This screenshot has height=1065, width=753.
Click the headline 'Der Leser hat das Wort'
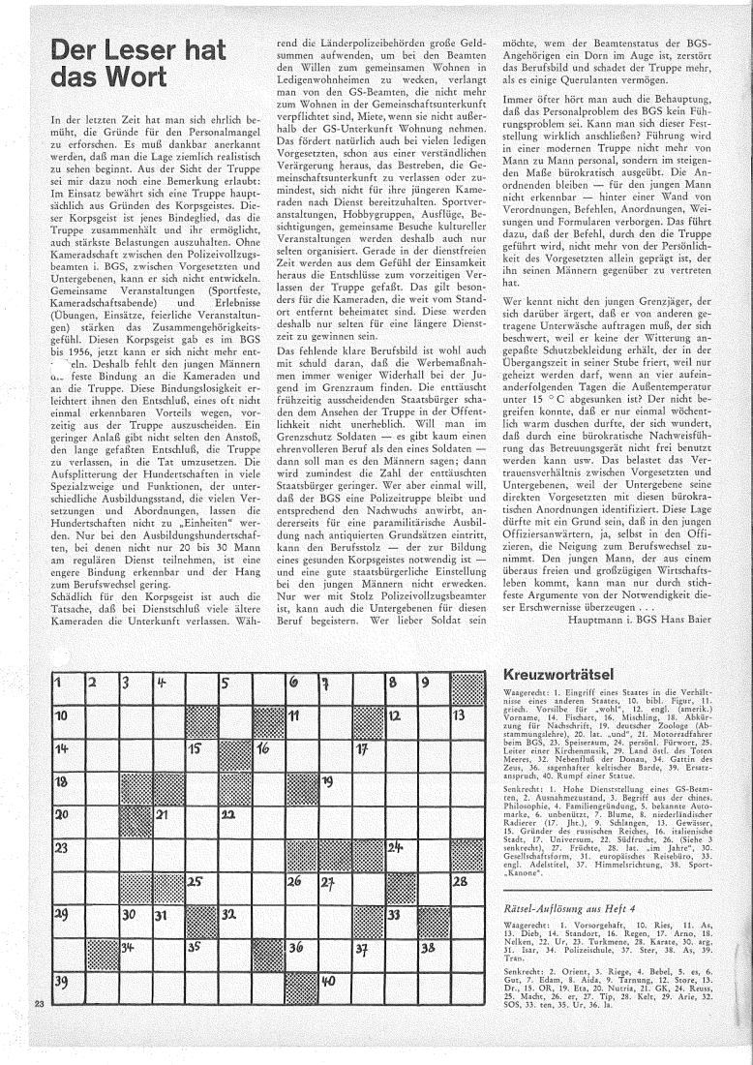(x=101, y=63)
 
